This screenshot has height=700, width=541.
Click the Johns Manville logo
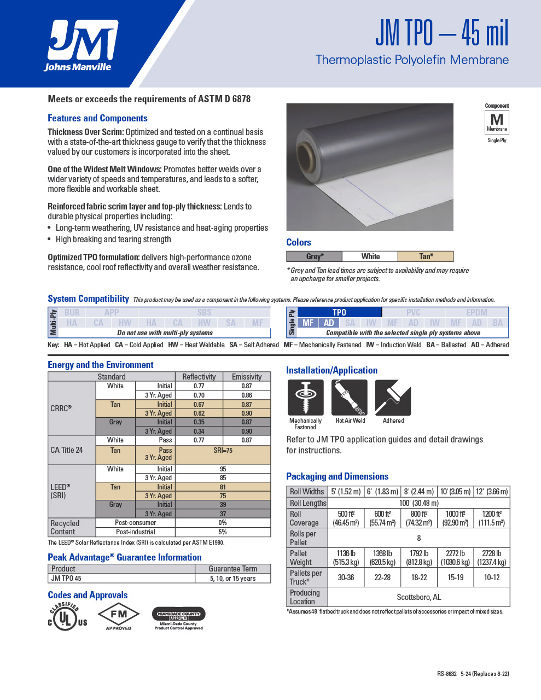83,46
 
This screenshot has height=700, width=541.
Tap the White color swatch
370,256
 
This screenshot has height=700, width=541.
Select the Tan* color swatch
426,256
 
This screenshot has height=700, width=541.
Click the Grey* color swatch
315,256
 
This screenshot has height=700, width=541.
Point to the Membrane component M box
497,122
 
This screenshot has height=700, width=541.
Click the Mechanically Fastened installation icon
305,398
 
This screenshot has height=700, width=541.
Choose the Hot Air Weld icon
350,398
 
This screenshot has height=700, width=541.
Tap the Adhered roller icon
393,398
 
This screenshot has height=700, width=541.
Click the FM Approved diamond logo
119,615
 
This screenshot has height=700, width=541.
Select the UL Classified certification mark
67,617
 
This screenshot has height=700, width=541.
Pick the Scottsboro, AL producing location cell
418,597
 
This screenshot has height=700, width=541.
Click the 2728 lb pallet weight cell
491,558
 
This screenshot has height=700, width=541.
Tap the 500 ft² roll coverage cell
346,518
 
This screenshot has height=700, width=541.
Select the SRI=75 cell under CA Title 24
223,451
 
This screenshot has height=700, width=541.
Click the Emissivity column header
247,377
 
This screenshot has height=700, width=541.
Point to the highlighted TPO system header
339,312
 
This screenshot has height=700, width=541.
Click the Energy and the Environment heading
101,365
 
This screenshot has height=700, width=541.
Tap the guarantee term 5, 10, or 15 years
232,579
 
